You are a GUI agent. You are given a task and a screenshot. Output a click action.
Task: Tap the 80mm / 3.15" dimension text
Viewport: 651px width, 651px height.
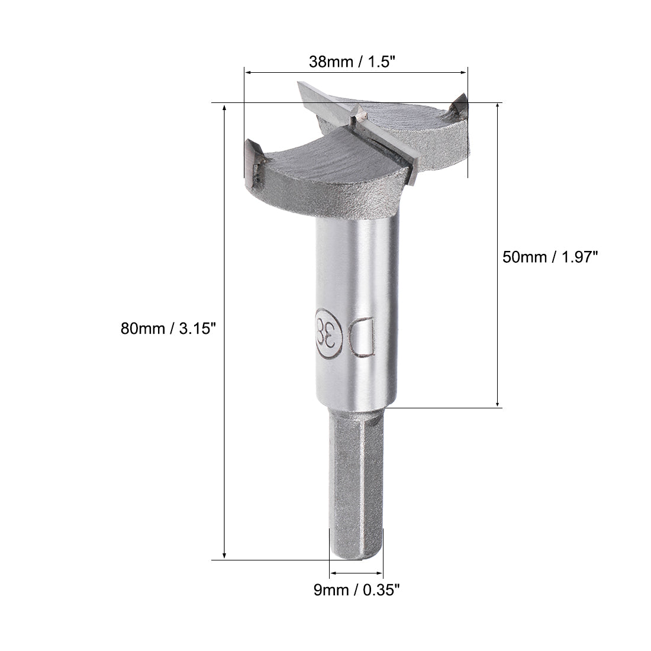(x=166, y=328)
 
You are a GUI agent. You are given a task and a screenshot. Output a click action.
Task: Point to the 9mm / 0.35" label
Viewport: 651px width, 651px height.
(x=357, y=589)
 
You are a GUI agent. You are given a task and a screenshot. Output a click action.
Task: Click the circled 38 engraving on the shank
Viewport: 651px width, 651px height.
(x=329, y=333)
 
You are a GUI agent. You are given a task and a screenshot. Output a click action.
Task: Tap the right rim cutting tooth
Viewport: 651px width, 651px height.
(x=459, y=107)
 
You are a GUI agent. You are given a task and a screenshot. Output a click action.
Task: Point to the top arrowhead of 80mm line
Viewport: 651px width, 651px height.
(x=224, y=108)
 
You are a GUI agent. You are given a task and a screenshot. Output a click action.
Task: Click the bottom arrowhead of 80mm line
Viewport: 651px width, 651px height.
(x=224, y=555)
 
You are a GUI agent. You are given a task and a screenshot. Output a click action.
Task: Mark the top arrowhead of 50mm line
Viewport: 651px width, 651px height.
(x=498, y=108)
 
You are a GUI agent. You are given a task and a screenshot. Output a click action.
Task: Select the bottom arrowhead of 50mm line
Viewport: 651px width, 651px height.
(x=498, y=402)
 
